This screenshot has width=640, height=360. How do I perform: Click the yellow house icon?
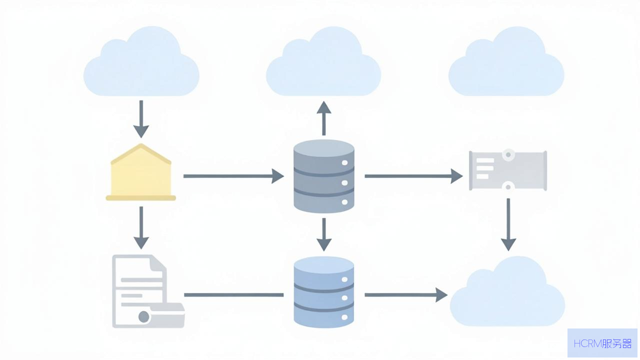tap(140, 172)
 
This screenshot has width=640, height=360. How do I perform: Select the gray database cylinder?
tap(323, 176)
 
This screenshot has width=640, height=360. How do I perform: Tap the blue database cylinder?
tap(323, 292)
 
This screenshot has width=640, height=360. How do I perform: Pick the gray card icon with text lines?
tap(508, 170)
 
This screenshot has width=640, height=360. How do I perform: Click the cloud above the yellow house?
tap(141, 61)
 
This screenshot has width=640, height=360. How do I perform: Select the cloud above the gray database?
tap(323, 61)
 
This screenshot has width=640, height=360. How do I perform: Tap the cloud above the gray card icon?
tap(506, 61)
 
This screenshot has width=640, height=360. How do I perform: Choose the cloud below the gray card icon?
tap(507, 291)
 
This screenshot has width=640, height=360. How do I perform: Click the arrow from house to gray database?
tap(233, 176)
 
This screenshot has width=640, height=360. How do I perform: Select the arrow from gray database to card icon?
tap(413, 176)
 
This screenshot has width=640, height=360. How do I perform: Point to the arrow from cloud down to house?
tap(141, 119)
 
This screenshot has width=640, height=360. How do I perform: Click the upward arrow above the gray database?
tap(323, 118)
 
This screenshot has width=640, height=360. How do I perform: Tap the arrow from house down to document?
tap(141, 227)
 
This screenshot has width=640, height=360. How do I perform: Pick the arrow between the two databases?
tap(323, 234)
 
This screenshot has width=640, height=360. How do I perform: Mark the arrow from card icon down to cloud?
tap(508, 225)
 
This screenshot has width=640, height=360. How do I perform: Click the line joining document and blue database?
tap(233, 295)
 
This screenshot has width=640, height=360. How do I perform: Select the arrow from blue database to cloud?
tap(406, 295)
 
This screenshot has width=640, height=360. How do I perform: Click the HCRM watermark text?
tap(602, 343)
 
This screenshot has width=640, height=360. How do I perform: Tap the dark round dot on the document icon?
tap(143, 317)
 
